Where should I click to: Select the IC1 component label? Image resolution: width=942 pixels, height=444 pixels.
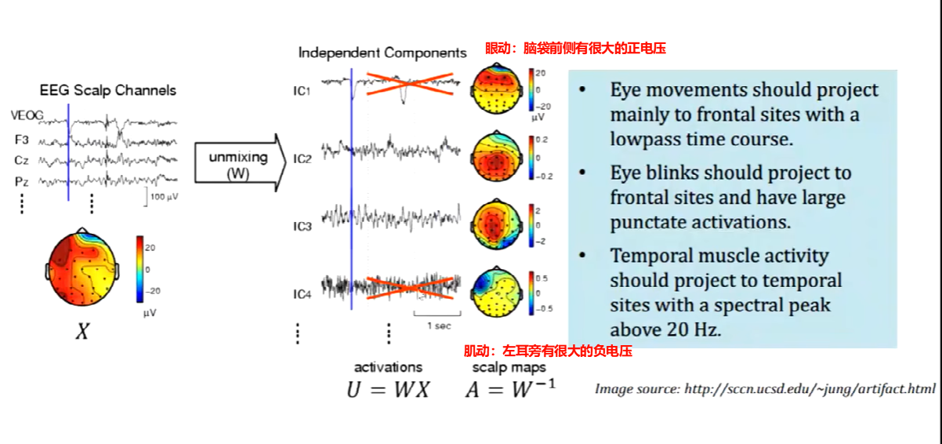pos(303,91)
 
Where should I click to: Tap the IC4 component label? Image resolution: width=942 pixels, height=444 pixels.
pos(303,294)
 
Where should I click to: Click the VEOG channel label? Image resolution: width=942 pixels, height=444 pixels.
pos(27,116)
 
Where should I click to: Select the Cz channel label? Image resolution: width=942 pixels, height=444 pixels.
pos(22,160)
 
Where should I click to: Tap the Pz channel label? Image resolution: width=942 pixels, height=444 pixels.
pos(22,181)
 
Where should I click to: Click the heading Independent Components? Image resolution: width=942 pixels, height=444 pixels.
pos(382,53)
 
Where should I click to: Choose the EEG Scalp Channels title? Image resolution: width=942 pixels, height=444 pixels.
pos(108,90)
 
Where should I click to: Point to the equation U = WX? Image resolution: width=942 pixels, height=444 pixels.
pos(389,389)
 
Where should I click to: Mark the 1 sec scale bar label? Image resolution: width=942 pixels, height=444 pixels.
pos(438,325)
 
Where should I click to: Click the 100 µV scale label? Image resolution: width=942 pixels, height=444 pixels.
pos(163,196)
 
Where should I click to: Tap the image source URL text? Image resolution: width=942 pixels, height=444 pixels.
pos(765,388)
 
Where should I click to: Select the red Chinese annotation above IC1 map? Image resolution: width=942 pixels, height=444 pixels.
pos(575,49)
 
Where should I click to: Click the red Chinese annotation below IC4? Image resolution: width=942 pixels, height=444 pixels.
pos(548,351)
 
